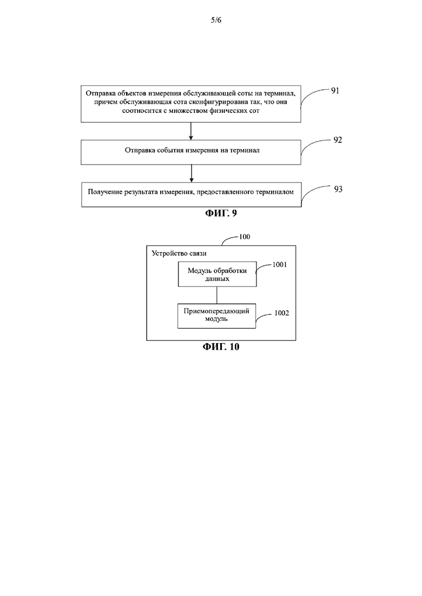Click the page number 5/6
tap(216, 20)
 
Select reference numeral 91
tap(335, 91)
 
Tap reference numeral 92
tap(338, 140)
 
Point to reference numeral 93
tap(338, 189)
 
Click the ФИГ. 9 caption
tap(221, 213)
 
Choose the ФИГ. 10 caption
tap(221, 347)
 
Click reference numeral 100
tap(245, 237)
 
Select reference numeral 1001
tap(279, 265)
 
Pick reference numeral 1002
tap(281, 313)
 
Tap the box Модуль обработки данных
tap(217, 274)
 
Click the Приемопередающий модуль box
tap(216, 316)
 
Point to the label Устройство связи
tap(179, 253)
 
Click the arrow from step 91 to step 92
tap(190, 131)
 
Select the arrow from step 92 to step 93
tap(191, 173)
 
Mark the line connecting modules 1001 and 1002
tap(217, 295)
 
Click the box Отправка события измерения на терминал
tap(190, 152)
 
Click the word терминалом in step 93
tap(275, 192)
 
